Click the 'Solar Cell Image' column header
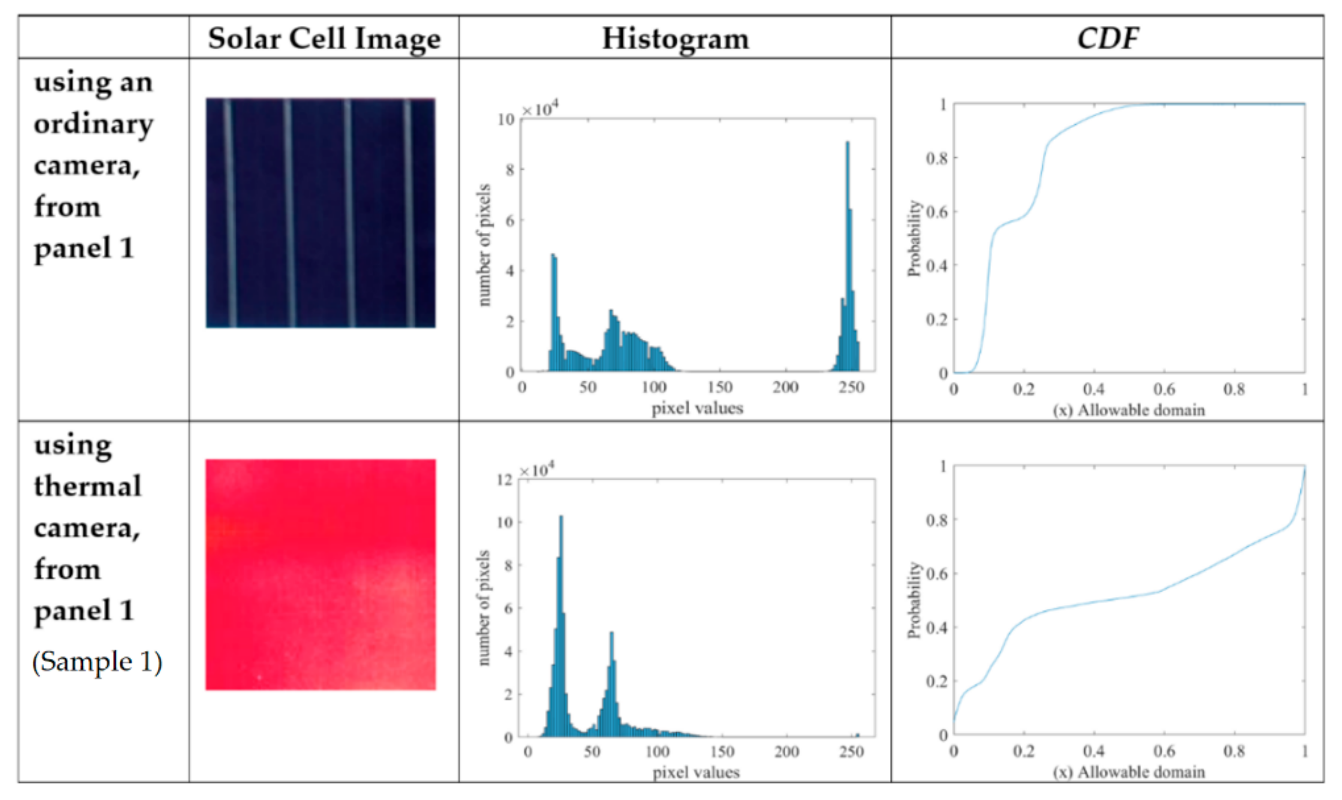click(324, 39)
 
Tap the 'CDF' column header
click(1107, 39)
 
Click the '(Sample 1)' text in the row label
click(97, 661)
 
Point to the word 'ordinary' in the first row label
click(93, 124)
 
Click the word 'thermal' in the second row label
click(88, 486)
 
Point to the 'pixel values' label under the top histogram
click(697, 408)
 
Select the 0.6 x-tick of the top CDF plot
click(1164, 389)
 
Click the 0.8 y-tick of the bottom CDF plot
click(936, 520)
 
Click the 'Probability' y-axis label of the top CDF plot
click(914, 238)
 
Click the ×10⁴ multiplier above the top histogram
click(539, 109)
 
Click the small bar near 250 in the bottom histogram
click(857, 734)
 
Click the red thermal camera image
click(321, 574)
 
